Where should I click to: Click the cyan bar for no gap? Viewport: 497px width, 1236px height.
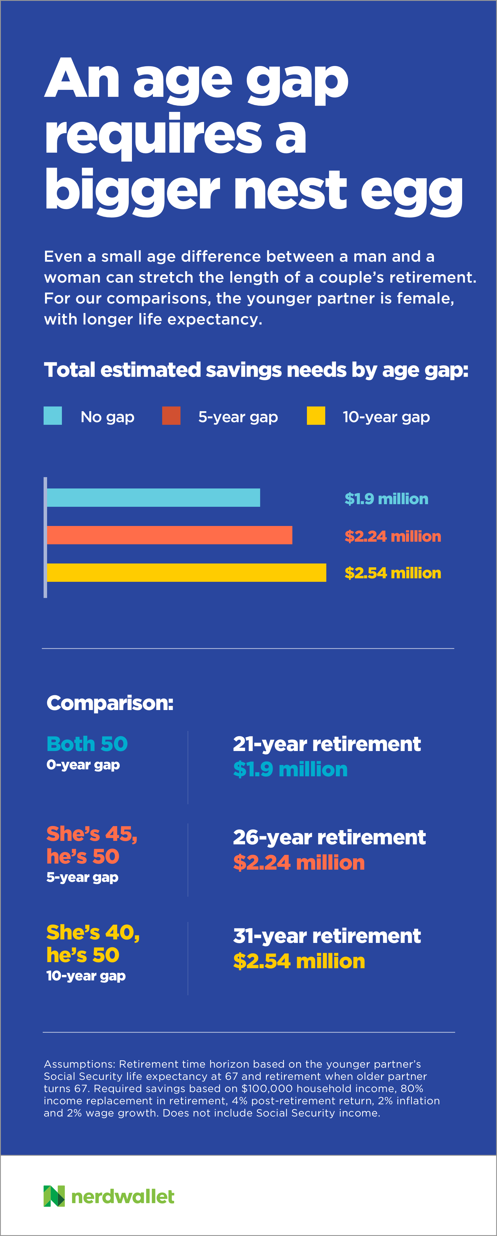tap(153, 497)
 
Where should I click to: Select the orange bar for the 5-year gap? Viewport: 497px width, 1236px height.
tap(169, 535)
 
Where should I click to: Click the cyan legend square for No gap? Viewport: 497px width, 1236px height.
tap(53, 415)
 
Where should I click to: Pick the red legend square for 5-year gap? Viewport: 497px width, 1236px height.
tap(171, 415)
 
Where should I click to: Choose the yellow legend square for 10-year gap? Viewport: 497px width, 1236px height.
tap(316, 415)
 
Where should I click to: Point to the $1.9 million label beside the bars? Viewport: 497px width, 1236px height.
tap(386, 499)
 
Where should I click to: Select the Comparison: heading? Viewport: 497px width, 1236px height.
tap(110, 703)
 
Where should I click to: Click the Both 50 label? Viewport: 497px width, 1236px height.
tap(87, 744)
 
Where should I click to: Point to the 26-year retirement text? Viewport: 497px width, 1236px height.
tap(329, 837)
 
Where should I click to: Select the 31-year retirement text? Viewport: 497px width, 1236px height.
tap(327, 936)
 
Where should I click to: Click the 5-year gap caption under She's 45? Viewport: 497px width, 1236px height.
tap(82, 877)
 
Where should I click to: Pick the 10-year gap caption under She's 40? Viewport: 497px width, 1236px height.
tap(86, 975)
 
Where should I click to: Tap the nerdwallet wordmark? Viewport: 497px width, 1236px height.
tap(123, 1197)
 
